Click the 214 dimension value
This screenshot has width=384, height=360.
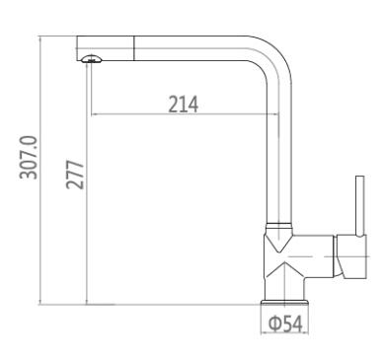click(x=184, y=105)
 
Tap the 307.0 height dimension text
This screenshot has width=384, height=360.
click(x=29, y=158)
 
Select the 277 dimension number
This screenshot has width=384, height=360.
click(x=75, y=175)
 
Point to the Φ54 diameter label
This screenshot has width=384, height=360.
click(x=285, y=324)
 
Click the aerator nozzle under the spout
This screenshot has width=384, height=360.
click(x=91, y=59)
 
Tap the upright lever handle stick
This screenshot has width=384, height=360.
click(x=360, y=206)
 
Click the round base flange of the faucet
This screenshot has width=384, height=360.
click(x=284, y=303)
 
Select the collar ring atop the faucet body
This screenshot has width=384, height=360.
click(x=278, y=226)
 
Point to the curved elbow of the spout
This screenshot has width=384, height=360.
click(x=275, y=57)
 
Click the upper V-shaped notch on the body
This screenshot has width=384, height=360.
click(x=278, y=244)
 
